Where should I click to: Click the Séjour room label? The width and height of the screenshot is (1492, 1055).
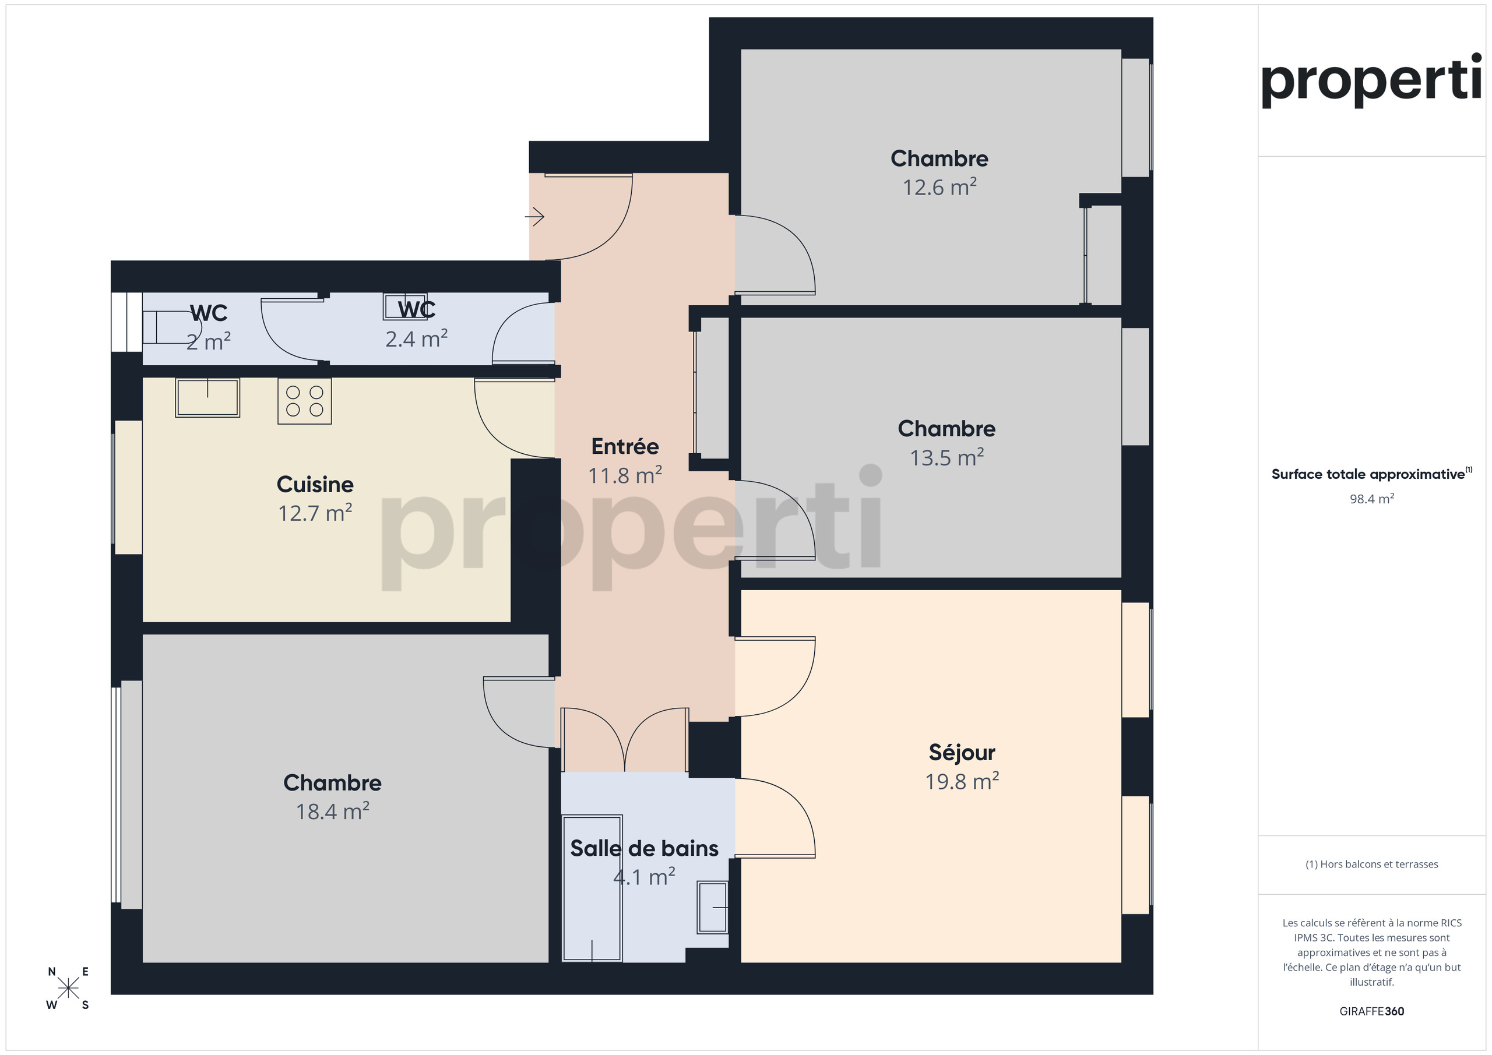click(962, 752)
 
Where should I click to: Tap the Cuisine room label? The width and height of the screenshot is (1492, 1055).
click(315, 484)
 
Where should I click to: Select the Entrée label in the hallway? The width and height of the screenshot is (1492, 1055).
click(625, 446)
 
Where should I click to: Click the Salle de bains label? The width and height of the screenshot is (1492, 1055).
click(644, 848)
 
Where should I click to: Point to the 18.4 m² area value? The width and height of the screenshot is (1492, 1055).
click(333, 811)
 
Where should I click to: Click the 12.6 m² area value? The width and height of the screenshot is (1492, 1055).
click(939, 187)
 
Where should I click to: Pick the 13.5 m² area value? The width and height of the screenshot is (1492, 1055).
click(947, 457)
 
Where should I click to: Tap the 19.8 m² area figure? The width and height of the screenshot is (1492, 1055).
click(962, 781)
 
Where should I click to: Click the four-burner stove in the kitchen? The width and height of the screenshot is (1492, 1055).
click(305, 401)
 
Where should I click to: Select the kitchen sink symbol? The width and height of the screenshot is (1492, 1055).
click(207, 397)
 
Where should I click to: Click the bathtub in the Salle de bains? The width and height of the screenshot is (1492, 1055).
click(592, 888)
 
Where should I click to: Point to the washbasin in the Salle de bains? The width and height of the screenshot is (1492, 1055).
click(712, 907)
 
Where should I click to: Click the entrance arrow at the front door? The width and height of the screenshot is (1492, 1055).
click(534, 216)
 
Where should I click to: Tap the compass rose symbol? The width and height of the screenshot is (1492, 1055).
click(68, 989)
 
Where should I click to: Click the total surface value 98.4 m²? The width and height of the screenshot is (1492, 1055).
click(1372, 499)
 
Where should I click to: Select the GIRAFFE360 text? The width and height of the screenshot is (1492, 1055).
click(1372, 1011)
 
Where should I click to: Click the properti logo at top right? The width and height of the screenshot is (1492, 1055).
click(1372, 80)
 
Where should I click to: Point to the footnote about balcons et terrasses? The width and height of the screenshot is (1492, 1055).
click(1372, 864)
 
